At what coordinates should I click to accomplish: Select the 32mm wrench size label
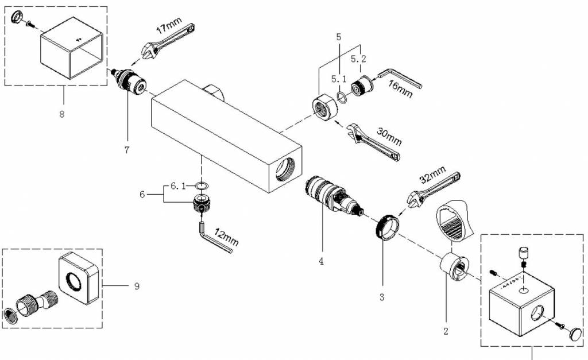pyautogui.click(x=432, y=174)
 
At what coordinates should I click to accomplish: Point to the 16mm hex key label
pyautogui.click(x=400, y=90)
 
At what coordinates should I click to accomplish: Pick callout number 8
pyautogui.click(x=61, y=113)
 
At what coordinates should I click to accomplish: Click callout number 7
pyautogui.click(x=126, y=150)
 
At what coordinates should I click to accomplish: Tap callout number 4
pyautogui.click(x=322, y=261)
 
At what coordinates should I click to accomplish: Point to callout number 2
pyautogui.click(x=446, y=331)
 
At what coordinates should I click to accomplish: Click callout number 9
pyautogui.click(x=137, y=285)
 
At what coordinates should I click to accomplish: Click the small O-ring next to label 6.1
pyautogui.click(x=201, y=186)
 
